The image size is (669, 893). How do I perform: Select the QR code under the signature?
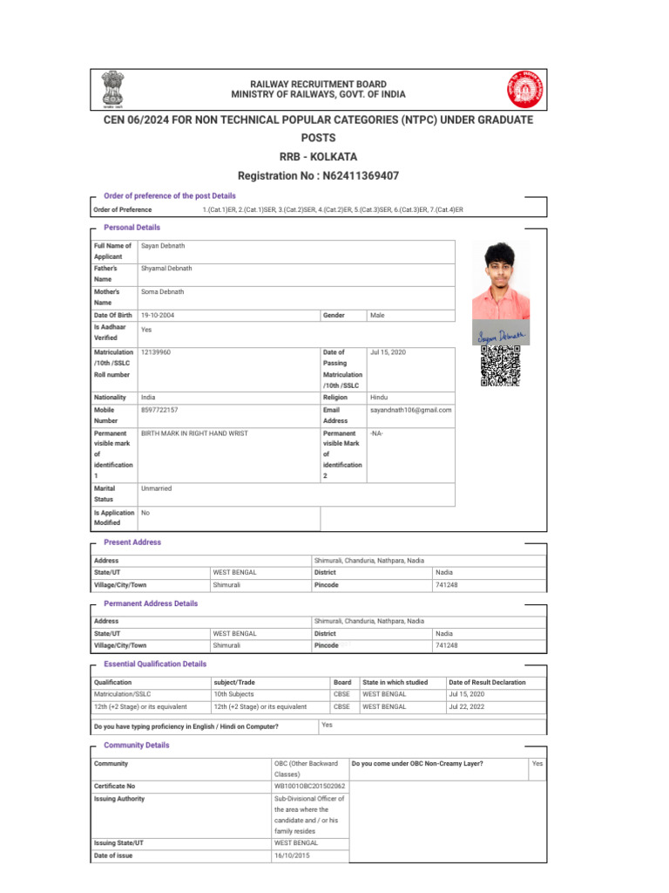pos(500,366)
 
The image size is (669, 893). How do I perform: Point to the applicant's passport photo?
pos(500,280)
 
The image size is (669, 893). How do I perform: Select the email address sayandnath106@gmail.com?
pos(411,409)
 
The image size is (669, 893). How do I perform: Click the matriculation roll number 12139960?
pos(156,351)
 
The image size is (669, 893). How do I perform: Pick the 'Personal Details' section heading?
pos(132,228)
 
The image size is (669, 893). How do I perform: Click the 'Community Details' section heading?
pos(136,746)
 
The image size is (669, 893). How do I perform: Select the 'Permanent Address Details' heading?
pos(151,603)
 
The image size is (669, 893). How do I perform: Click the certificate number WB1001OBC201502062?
pos(308,786)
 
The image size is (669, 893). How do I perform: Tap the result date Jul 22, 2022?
pos(466,706)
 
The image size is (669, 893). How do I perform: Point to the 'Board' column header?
pos(342,682)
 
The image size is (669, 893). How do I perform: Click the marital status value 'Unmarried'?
pos(156,489)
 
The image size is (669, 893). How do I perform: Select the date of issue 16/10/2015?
pos(291,856)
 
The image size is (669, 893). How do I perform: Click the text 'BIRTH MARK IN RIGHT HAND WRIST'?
pos(194,433)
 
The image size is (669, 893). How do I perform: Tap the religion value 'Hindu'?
pos(379,397)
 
